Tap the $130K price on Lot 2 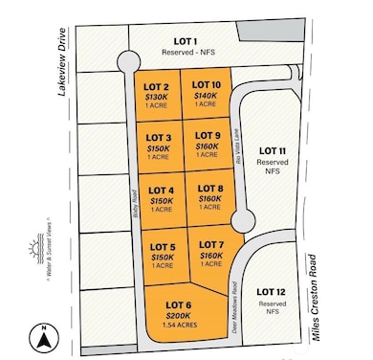tap(158, 97)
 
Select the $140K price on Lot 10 tap(206, 97)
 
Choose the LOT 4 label tap(161, 190)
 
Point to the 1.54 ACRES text tap(180, 326)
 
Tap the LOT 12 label tap(273, 291)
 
